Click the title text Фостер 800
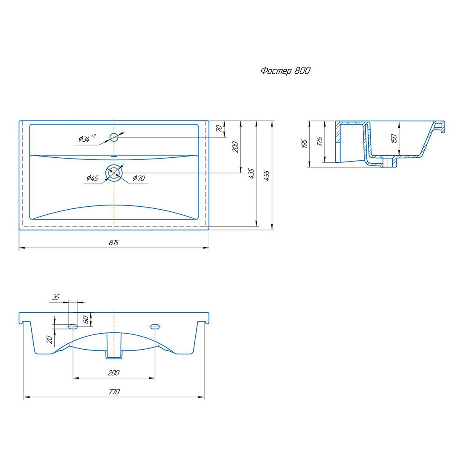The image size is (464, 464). click(285, 71)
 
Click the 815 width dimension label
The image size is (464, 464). click(113, 243)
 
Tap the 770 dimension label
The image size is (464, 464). click(114, 391)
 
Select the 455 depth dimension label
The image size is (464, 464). click(267, 175)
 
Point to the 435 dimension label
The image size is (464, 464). click(251, 173)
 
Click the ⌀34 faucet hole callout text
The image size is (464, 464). click(87, 138)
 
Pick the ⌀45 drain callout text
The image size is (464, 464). click(92, 178)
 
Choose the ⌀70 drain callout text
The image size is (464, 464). click(139, 178)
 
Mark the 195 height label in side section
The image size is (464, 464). click(305, 144)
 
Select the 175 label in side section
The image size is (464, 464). click(320, 141)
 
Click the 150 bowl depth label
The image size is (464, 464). click(394, 138)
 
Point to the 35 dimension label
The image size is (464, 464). click(56, 297)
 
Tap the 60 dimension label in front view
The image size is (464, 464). click(86, 319)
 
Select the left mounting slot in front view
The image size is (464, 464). click(73, 326)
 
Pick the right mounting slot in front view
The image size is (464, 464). click(155, 326)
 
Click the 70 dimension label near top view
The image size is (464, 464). click(219, 128)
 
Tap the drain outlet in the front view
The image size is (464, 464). click(114, 345)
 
